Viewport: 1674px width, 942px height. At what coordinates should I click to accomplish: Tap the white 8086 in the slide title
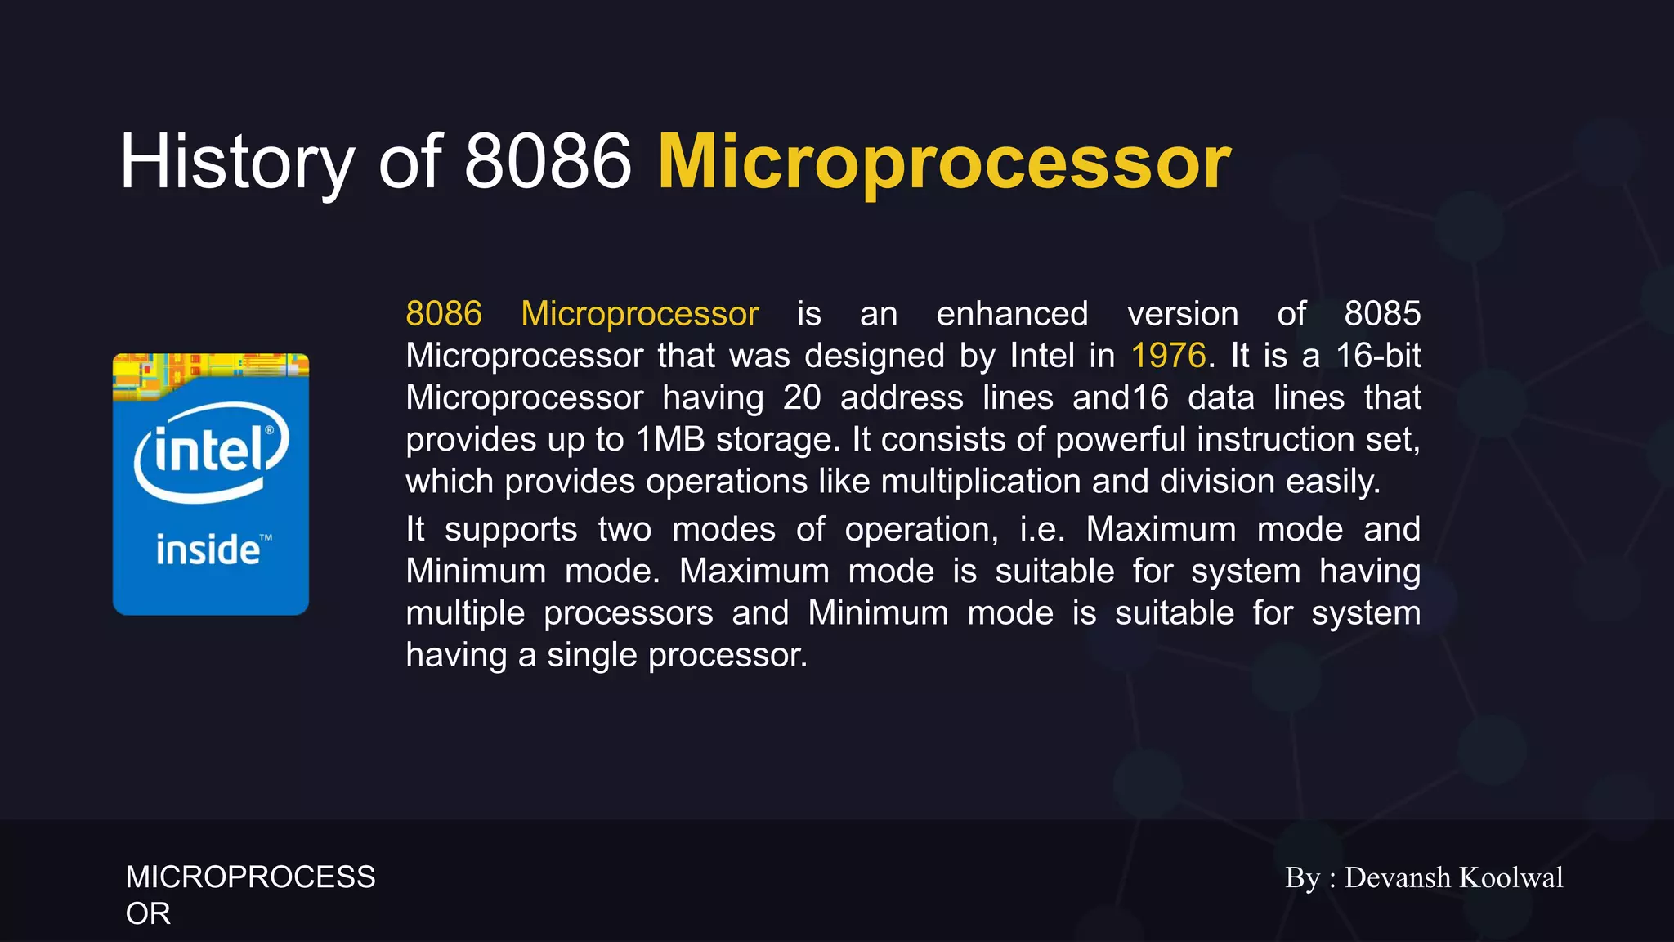point(548,162)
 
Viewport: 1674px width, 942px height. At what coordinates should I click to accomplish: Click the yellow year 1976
point(1168,356)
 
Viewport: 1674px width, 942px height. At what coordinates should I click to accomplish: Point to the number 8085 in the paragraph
point(1382,314)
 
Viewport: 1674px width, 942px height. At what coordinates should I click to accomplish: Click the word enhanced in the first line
point(1012,314)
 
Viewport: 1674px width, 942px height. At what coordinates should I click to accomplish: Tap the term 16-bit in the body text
point(1378,356)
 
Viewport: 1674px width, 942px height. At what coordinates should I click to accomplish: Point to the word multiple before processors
point(465,613)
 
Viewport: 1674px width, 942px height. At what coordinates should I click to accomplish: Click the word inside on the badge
point(208,549)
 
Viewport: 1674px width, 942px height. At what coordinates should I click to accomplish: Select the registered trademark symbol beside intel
point(270,429)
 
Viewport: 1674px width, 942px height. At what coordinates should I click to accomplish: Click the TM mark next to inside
point(266,537)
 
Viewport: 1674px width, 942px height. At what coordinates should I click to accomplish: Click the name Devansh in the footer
point(1397,877)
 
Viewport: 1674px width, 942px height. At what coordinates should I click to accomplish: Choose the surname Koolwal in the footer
point(1511,877)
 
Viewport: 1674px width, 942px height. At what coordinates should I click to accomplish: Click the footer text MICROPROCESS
point(250,877)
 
